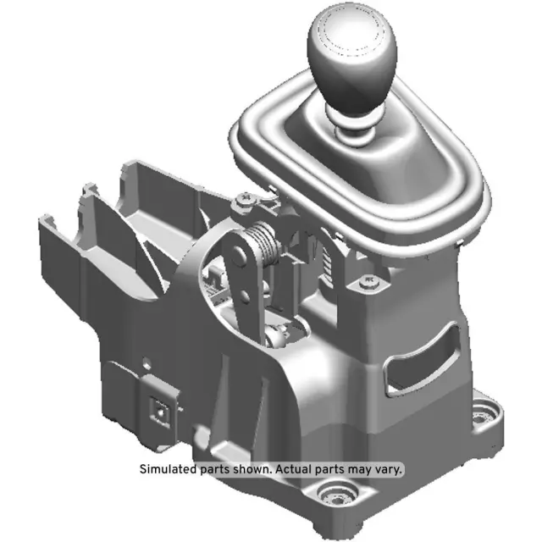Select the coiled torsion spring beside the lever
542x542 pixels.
pos(265,243)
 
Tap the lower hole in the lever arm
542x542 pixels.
pos(245,297)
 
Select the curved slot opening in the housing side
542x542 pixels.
pos(423,359)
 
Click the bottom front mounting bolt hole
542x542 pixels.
pos(337,497)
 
